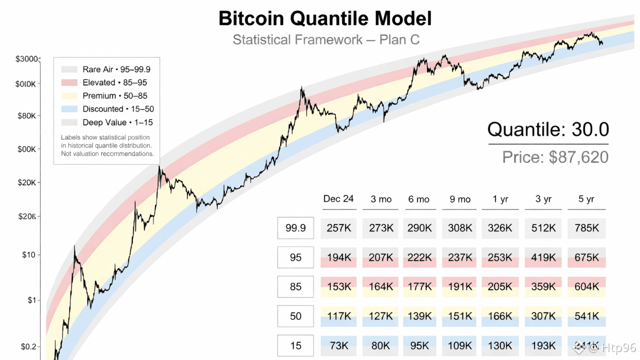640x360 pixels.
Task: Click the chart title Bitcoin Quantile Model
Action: click(325, 18)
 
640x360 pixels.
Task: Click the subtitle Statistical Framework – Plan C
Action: click(326, 39)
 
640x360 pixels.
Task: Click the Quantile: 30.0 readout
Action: click(548, 129)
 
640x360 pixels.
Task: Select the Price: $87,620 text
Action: click(555, 157)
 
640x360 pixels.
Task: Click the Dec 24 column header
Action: click(338, 199)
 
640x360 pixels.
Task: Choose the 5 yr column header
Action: click(586, 199)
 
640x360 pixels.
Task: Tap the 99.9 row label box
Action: click(295, 228)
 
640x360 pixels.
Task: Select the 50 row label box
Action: click(295, 316)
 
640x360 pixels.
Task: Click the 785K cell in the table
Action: click(586, 228)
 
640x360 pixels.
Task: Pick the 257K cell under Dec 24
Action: click(338, 228)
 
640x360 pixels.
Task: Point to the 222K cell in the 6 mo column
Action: click(419, 257)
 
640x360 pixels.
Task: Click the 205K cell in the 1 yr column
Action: click(500, 286)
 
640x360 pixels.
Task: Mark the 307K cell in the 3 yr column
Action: click(543, 316)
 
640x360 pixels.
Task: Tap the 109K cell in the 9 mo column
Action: click(460, 345)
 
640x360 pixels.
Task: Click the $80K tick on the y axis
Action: click(27, 116)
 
